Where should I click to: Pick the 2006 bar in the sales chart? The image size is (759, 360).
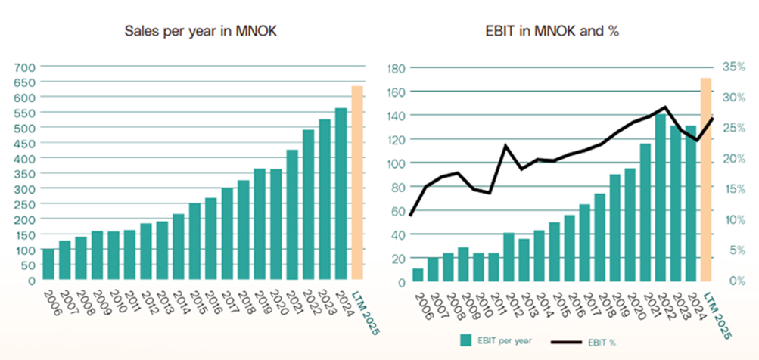pyautogui.click(x=48, y=265)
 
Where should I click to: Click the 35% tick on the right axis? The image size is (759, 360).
pyautogui.click(x=733, y=67)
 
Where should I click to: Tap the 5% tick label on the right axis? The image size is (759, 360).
pyautogui.click(x=736, y=250)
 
